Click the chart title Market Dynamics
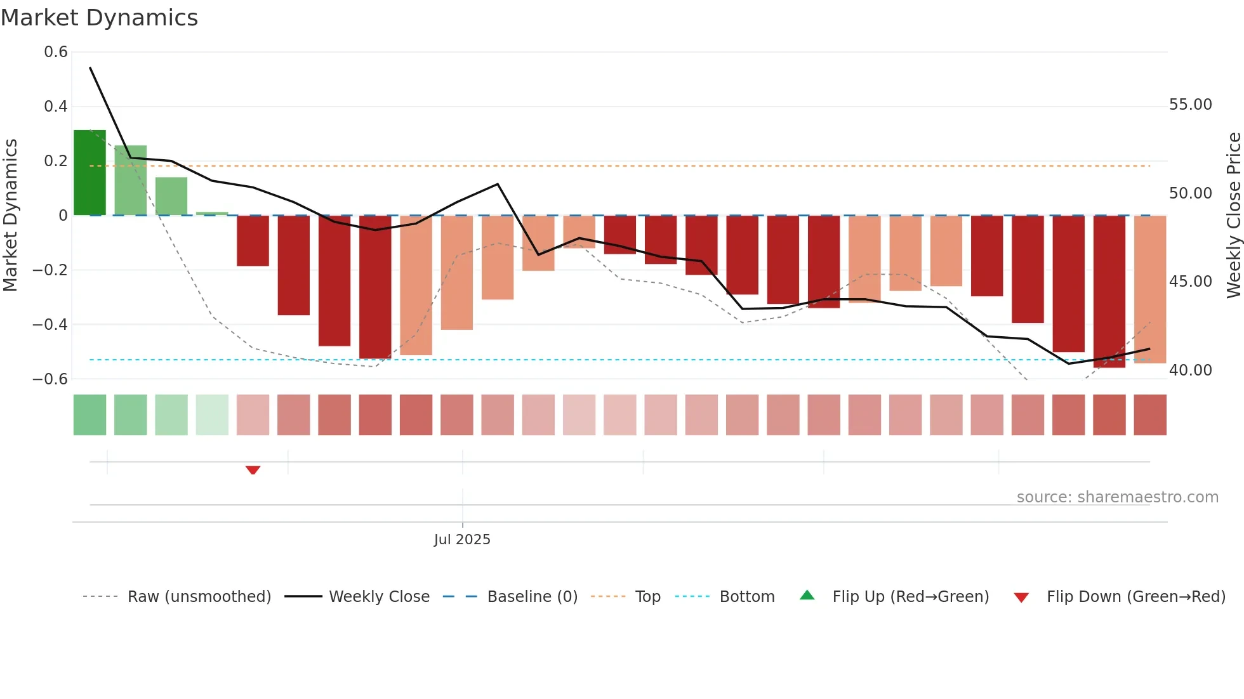[x=99, y=18]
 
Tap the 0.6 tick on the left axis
[x=56, y=52]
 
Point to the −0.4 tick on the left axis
[x=50, y=325]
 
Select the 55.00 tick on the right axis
[x=1190, y=105]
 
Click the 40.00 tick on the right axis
[x=1190, y=370]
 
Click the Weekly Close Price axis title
[x=1233, y=216]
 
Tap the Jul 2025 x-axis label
[x=462, y=540]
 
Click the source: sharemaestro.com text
[x=1117, y=497]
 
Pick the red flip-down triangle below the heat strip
[x=253, y=470]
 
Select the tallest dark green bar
[x=89, y=173]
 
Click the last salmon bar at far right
[x=1149, y=289]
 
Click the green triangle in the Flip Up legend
[x=807, y=596]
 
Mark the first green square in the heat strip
[x=89, y=415]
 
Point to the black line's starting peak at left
[x=90, y=68]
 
